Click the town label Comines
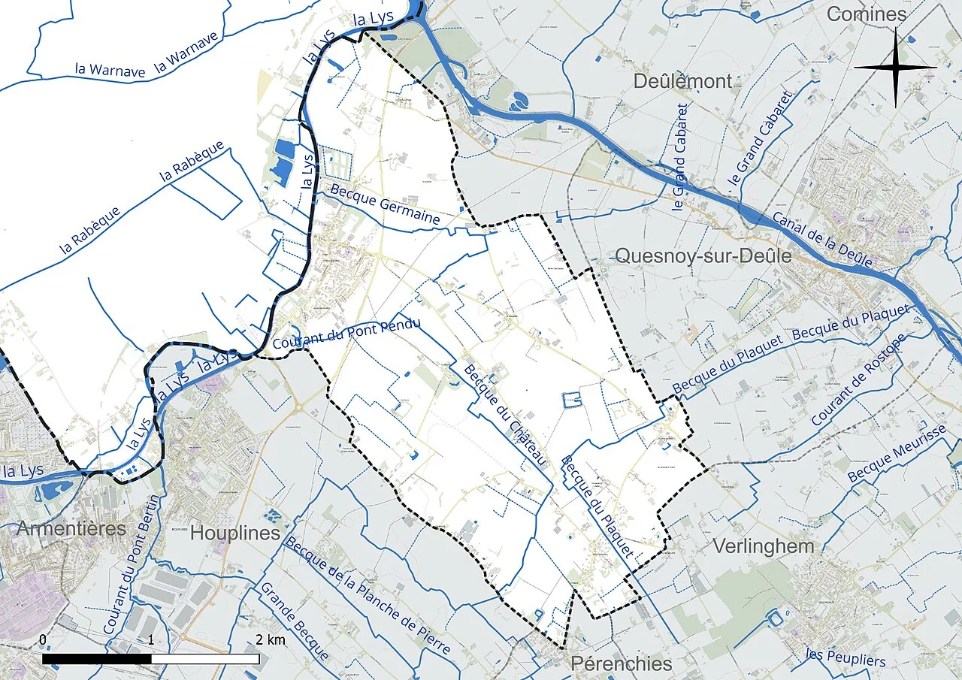pyautogui.click(x=867, y=14)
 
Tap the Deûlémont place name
pyautogui.click(x=682, y=81)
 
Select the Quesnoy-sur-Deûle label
pyautogui.click(x=703, y=256)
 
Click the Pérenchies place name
pyautogui.click(x=622, y=663)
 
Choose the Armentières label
pyautogui.click(x=71, y=528)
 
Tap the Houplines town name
pyautogui.click(x=235, y=533)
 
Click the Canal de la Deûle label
pyautogui.click(x=822, y=240)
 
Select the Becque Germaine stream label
pyautogui.click(x=385, y=207)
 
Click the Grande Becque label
pyautogui.click(x=294, y=621)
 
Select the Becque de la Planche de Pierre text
pyautogui.click(x=368, y=596)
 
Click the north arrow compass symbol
pyautogui.click(x=895, y=68)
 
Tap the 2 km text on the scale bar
pyautogui.click(x=270, y=639)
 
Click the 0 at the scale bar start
pyautogui.click(x=43, y=639)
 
